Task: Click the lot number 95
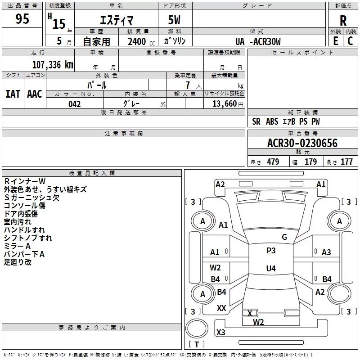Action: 22,19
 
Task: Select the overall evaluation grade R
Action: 343,21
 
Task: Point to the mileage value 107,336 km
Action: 53,64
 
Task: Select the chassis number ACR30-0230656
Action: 302,143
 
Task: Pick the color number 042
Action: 74,104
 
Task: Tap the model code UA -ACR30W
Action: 258,41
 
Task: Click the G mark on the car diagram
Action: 284,237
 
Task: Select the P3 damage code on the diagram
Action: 270,251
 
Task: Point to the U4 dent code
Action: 270,268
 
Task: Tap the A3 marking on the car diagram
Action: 326,252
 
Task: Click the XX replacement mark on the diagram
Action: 221,308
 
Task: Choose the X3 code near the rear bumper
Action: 221,333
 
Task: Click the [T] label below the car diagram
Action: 196,345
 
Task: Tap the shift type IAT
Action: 13,94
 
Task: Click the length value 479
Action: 273,162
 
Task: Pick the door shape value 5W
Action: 175,20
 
